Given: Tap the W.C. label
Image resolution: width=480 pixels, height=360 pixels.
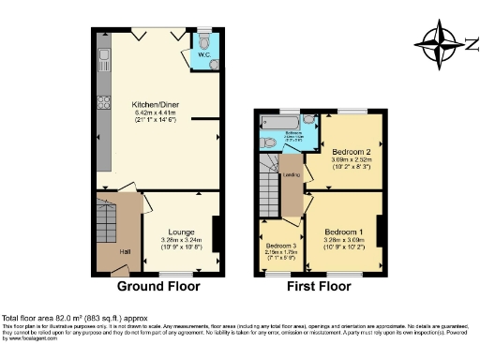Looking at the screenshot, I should pos(202,54).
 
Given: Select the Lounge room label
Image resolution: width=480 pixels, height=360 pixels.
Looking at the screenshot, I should pos(181,231).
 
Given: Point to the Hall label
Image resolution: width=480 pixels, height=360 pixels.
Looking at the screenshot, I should pos(126,250).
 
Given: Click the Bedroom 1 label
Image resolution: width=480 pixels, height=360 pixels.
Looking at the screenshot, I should pos(344,231).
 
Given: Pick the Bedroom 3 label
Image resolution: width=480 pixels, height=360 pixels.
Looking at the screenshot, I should pos(280,245).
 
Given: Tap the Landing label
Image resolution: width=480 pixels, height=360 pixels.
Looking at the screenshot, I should pos(292,174).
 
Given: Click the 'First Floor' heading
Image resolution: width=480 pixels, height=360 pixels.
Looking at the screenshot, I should pos(319,285).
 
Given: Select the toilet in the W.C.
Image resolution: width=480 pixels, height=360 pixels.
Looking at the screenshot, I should pos(205,41).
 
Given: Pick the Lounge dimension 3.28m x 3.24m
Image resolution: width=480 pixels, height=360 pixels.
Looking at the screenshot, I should pos(181,240).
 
